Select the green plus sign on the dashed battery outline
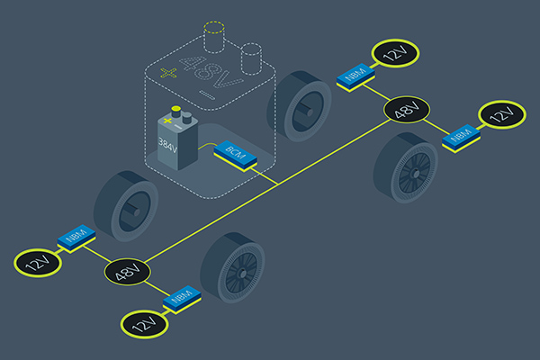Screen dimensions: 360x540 pyautogui.click(x=165, y=72)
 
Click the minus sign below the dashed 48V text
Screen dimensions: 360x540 pyautogui.click(x=206, y=94)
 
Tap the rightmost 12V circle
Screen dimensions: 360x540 pyautogui.click(x=502, y=115)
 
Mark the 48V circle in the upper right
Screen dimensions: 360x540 pyautogui.click(x=407, y=111)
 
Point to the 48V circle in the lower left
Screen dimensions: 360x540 pyautogui.click(x=127, y=271)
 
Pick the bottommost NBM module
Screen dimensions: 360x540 pyautogui.click(x=181, y=296)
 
